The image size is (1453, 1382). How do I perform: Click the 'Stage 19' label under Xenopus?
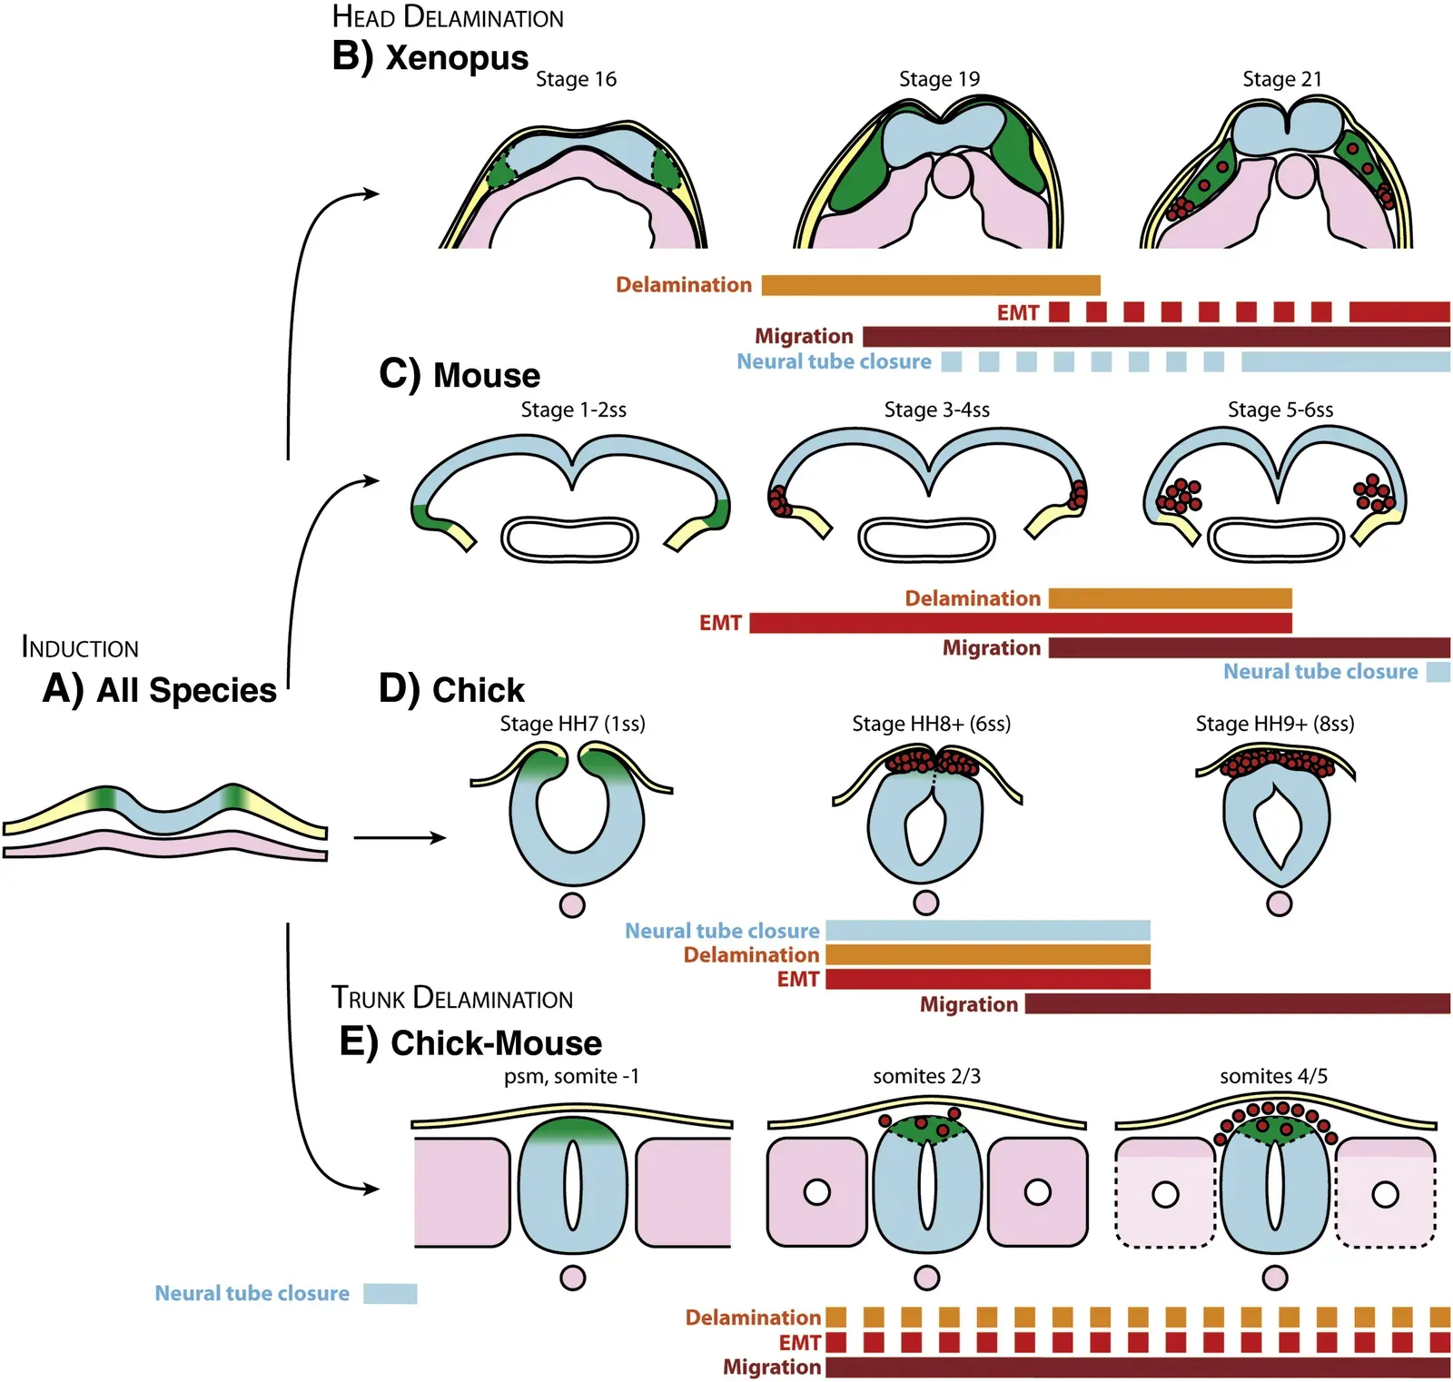click(939, 79)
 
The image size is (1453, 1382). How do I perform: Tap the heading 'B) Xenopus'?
click(430, 56)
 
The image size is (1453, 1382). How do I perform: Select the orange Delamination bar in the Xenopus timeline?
click(930, 285)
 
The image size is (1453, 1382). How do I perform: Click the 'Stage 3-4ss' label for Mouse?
click(936, 410)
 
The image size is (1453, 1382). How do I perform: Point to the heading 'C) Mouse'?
click(460, 374)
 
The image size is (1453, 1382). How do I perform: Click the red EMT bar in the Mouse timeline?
click(1019, 623)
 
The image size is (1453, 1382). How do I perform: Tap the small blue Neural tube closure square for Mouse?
click(1438, 672)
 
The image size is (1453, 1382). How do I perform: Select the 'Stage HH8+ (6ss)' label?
click(931, 724)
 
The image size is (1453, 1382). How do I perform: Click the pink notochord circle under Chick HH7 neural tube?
click(572, 904)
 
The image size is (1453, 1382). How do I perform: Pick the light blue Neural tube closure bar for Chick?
click(987, 930)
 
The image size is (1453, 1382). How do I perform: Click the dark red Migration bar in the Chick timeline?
click(1237, 1003)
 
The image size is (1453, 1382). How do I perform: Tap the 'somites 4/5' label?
click(1273, 1076)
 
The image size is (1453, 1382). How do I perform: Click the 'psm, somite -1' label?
click(571, 1076)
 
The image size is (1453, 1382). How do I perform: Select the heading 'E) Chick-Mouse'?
click(470, 1042)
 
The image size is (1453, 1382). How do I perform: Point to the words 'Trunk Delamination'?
click(451, 998)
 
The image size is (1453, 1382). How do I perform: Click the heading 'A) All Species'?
click(159, 690)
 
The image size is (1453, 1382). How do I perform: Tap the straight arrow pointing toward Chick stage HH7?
click(400, 837)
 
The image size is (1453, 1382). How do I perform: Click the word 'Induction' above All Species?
click(80, 647)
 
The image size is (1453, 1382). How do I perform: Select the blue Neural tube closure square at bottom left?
click(390, 1293)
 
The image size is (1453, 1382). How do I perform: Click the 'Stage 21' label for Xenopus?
click(1281, 79)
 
